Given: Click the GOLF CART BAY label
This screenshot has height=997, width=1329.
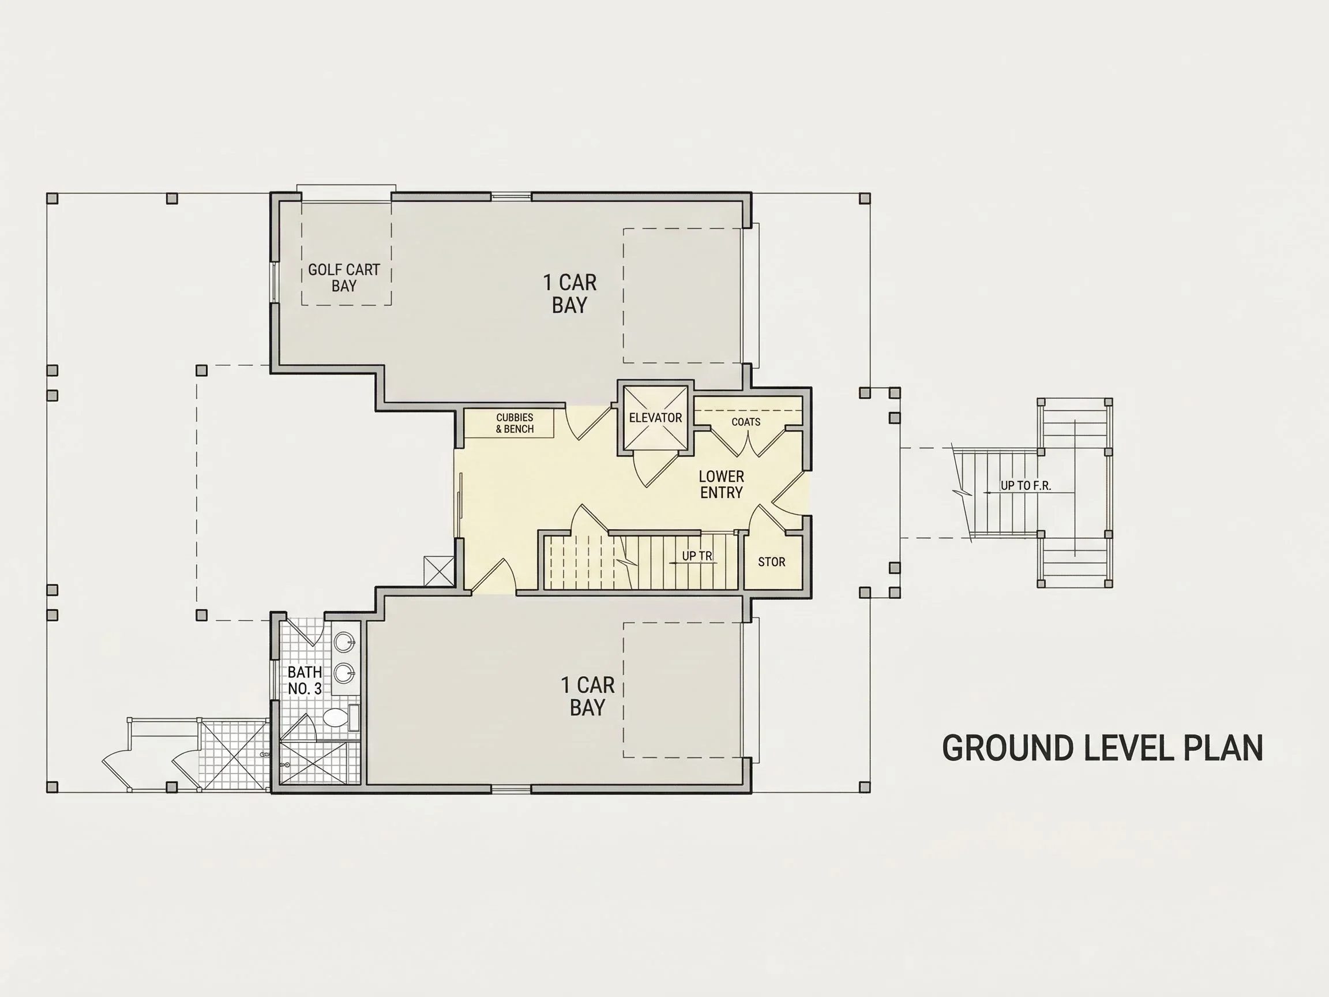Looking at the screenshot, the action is click(344, 278).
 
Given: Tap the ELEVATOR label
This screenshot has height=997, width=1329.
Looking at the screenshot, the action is click(655, 418).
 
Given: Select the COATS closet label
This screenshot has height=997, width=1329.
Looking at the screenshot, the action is click(746, 422).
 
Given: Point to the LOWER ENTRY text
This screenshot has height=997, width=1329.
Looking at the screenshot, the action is click(722, 485).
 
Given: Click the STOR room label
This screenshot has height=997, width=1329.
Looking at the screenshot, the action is click(771, 562).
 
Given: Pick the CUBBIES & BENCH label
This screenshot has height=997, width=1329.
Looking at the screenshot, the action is click(515, 423).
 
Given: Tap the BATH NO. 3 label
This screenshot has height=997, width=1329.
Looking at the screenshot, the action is click(305, 680).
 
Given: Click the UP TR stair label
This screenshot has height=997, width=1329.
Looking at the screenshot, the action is click(697, 556).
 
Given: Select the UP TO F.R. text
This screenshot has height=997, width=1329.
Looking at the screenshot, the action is click(1026, 486).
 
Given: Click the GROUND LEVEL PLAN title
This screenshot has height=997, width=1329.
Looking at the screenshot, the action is click(1102, 748).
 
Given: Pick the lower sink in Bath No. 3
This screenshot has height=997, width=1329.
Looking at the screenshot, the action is click(344, 673).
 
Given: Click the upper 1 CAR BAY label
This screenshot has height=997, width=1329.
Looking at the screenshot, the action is click(569, 293).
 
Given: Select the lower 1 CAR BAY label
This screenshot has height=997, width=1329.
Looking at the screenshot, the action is click(587, 696).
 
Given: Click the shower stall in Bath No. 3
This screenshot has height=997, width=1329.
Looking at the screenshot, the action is click(320, 762).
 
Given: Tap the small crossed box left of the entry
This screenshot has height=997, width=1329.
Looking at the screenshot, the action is click(439, 571).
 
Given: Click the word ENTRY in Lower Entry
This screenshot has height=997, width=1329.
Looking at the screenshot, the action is click(722, 493).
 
